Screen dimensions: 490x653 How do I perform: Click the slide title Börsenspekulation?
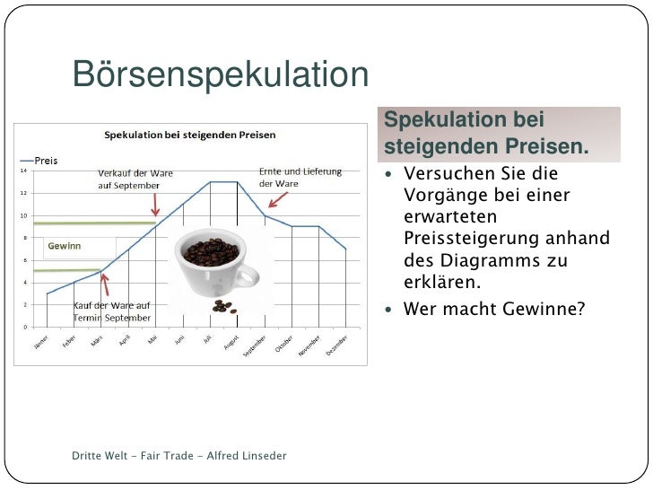[220, 75]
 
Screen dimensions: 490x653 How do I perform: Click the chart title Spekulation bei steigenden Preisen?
[190, 135]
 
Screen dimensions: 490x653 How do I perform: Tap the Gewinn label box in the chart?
[64, 245]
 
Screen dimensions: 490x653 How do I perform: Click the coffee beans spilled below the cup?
[222, 307]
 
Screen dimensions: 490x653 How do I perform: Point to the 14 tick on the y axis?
[23, 171]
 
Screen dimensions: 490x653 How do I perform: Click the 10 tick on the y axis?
[23, 215]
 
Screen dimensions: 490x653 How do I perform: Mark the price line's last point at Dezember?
[346, 249]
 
